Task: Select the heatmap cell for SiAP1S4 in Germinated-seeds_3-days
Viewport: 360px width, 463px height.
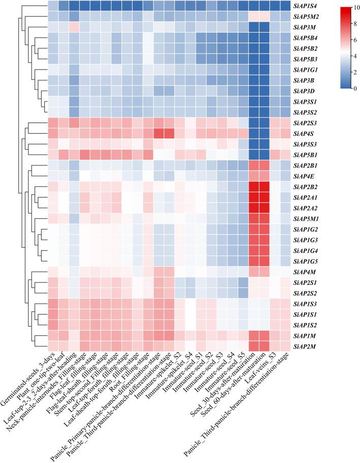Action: pyautogui.click(x=52, y=6)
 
